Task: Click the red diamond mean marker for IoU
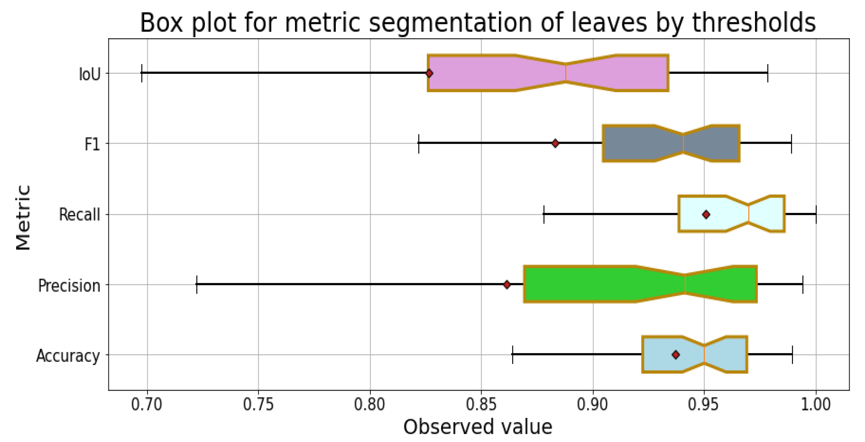pos(429,73)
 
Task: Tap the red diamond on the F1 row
pos(555,144)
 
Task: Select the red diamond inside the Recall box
pos(706,214)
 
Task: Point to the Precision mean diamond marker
pos(507,285)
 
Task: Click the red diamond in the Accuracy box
pos(676,355)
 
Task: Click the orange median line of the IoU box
pos(566,73)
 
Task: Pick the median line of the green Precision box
pos(685,285)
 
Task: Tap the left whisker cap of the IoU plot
pos(142,73)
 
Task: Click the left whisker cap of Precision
pos(197,285)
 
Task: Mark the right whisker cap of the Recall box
pos(816,214)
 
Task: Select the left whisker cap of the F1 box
pos(419,144)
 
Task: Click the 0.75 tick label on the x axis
pos(258,405)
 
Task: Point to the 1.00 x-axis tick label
pos(816,405)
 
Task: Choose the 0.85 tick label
pos(481,405)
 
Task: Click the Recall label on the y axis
pos(80,215)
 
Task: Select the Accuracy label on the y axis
pos(68,355)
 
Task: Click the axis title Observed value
pos(478,427)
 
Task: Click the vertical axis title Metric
pos(24,217)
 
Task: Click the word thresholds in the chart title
pos(754,23)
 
